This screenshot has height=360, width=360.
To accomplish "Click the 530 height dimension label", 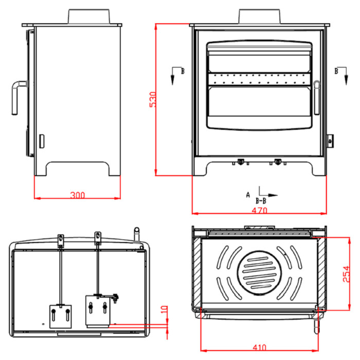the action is [x=153, y=99].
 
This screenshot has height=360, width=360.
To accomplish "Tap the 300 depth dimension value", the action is [x=77, y=195].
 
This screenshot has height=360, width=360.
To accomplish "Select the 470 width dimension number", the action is [x=259, y=210].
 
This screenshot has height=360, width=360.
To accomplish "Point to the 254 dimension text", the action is [x=347, y=274].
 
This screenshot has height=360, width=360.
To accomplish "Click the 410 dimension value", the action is [x=259, y=348].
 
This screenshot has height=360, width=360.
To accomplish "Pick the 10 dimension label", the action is [x=164, y=310].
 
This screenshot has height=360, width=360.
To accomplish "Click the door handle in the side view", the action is [x=18, y=97].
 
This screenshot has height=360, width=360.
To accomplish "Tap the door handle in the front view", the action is [x=317, y=97].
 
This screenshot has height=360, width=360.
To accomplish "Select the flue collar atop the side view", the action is [x=89, y=16].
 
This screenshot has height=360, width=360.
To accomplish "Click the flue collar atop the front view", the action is [x=259, y=16].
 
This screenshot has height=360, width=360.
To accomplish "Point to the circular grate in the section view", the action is [x=259, y=273].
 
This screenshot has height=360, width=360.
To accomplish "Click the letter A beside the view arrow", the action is [x=248, y=195].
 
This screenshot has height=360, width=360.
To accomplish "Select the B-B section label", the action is [x=261, y=201].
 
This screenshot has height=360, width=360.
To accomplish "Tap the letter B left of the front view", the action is [x=183, y=71].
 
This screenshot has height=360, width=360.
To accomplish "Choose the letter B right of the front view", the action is [x=336, y=71].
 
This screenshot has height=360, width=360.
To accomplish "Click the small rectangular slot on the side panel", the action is [x=42, y=141].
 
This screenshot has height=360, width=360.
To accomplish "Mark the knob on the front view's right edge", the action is [x=330, y=141].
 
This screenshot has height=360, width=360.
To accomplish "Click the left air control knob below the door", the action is [x=240, y=162].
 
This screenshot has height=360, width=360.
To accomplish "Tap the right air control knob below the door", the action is [x=278, y=162].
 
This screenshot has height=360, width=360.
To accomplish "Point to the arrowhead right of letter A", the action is [x=273, y=195].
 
